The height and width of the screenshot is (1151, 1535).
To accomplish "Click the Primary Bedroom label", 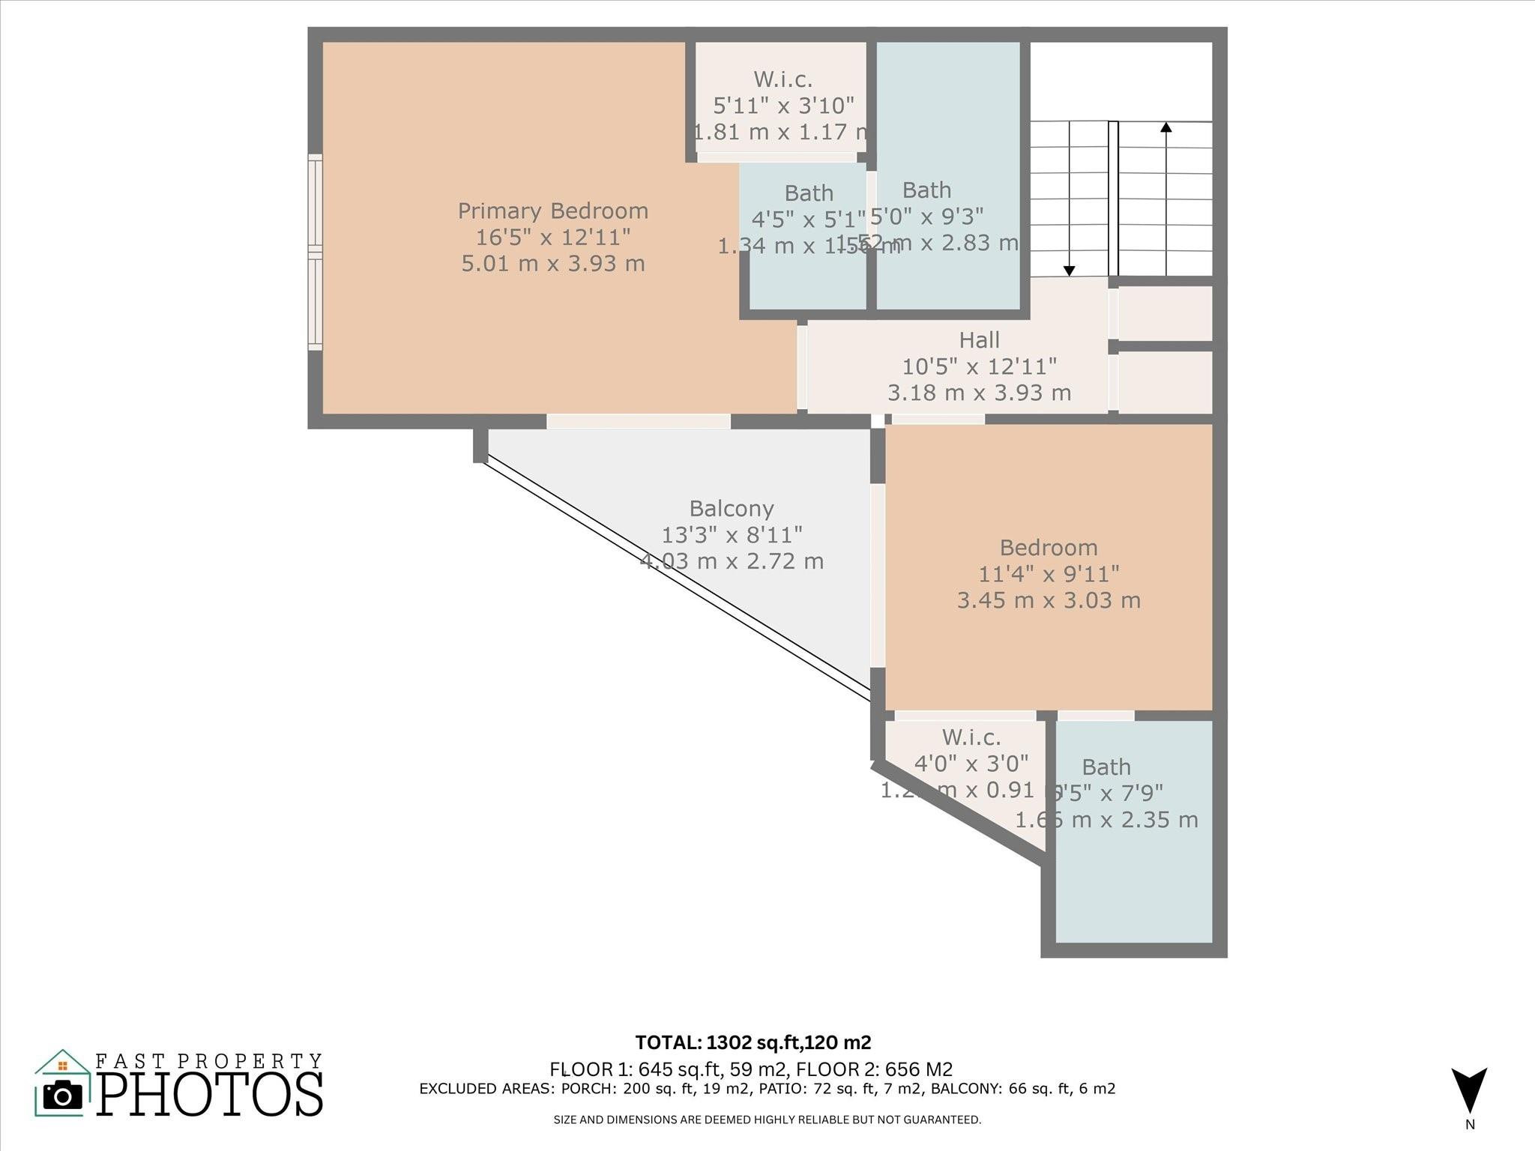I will [552, 211].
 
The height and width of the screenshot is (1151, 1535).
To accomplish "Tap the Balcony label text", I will [732, 509].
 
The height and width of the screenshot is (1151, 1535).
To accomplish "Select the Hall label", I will [979, 340].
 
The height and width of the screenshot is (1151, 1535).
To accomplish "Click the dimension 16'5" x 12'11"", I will [552, 238].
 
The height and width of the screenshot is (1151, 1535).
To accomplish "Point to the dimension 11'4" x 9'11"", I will [1049, 574].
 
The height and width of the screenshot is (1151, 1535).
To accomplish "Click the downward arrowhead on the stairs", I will [1070, 271].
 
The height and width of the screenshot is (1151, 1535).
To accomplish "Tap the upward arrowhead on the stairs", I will [1166, 127].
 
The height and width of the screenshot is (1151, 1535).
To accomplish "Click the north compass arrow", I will [1469, 1090].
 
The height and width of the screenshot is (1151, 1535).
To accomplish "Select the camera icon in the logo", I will [63, 1096].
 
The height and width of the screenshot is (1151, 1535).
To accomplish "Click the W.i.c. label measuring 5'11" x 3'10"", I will [782, 79].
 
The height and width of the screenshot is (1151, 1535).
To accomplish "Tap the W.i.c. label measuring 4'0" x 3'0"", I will [971, 737].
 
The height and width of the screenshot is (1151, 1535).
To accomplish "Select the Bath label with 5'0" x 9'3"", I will [926, 190].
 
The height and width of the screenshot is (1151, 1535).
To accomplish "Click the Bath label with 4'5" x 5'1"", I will [808, 193].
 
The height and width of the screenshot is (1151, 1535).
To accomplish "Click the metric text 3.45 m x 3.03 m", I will [1049, 600].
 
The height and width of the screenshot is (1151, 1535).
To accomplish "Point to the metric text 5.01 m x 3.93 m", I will [552, 264].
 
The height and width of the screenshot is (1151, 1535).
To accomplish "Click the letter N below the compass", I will [1470, 1125].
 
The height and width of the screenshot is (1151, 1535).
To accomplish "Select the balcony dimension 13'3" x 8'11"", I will [732, 535].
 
